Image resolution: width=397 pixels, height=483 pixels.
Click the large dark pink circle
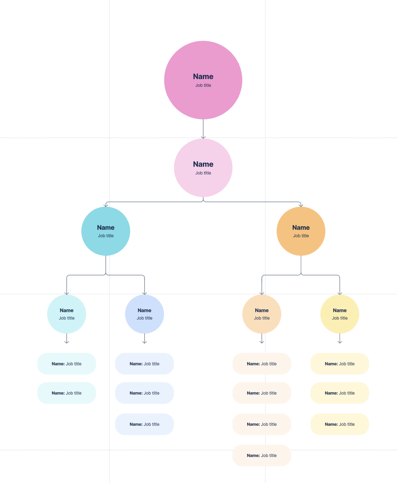coord(203,98)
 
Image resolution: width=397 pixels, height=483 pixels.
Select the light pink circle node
coord(203,185)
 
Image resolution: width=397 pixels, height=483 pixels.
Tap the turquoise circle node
coord(106,245)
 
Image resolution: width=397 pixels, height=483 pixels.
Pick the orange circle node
coord(301,245)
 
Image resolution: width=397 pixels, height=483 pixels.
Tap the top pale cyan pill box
coord(67,364)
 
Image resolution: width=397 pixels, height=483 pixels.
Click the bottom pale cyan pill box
coord(67,393)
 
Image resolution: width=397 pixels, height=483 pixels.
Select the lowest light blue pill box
coord(145,424)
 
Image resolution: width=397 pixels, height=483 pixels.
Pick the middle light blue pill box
coord(145,393)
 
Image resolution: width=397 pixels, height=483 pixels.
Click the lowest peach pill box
coord(262,455)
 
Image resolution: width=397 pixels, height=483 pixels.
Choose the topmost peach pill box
coord(262,364)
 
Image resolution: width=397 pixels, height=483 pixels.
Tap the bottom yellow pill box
coord(340,424)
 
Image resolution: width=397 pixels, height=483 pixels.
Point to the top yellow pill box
coord(340,364)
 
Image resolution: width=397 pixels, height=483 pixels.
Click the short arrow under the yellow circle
coord(340,339)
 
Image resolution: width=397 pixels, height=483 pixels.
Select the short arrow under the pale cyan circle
coord(67,339)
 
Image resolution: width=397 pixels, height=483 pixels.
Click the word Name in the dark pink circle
coord(203,76)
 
